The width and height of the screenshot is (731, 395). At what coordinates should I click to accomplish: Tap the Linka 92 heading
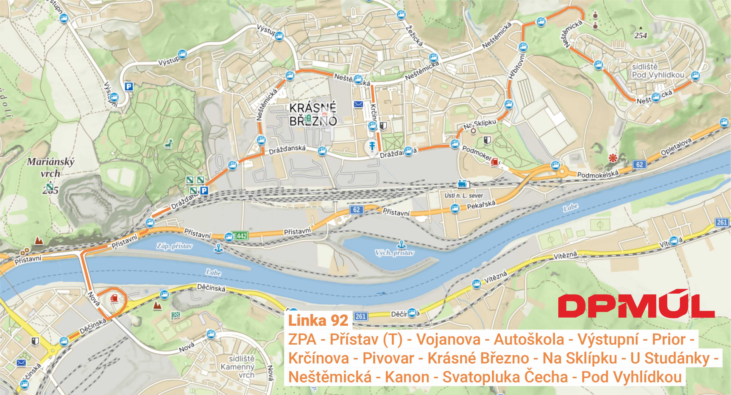[318, 321]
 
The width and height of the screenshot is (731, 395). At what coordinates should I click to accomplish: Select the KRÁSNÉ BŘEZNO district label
[313, 114]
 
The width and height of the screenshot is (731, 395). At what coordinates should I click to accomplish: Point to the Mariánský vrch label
[51, 167]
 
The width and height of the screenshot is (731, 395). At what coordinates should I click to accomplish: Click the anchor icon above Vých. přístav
[401, 244]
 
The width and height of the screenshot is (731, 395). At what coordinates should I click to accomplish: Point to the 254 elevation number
[640, 36]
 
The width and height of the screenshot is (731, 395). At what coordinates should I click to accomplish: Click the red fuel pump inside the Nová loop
[114, 298]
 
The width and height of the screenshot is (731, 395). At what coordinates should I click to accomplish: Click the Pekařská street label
[481, 204]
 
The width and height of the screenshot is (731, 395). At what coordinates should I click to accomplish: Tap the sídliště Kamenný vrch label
[241, 367]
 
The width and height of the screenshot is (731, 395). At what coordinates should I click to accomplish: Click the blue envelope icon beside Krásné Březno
[358, 104]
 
